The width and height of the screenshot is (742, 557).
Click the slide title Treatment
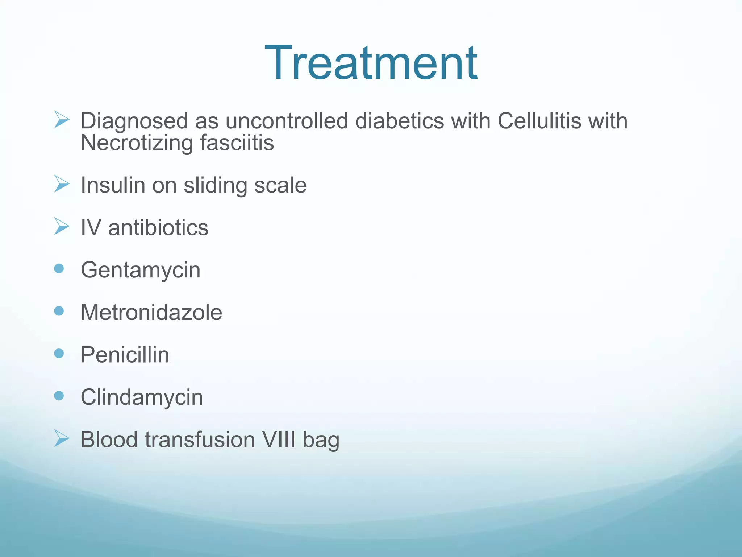(371, 63)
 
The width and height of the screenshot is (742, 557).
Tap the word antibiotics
(158, 228)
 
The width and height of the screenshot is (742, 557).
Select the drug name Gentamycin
(140, 271)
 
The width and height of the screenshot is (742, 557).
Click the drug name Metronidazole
(151, 312)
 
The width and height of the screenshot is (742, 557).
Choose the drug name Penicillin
(125, 355)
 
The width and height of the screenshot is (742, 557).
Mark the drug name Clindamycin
(142, 397)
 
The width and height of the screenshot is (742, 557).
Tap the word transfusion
(200, 440)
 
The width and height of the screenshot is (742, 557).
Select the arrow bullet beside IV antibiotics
(61, 226)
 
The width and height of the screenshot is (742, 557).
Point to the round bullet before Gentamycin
(59, 269)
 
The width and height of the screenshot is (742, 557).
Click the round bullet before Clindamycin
(59, 396)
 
